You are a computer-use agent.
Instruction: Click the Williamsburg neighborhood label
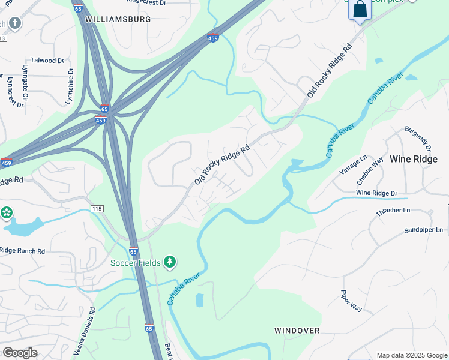(x=118, y=19)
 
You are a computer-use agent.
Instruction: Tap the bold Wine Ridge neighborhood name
(x=414, y=159)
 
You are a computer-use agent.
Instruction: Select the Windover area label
(x=297, y=331)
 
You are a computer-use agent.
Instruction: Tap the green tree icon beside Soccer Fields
(x=170, y=262)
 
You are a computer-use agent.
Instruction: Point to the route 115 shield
(x=97, y=208)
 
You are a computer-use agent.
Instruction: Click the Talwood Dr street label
(x=47, y=61)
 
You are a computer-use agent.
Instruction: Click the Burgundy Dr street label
(x=418, y=138)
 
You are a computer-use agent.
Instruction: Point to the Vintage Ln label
(x=353, y=165)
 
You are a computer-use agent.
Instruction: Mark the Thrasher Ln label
(x=393, y=211)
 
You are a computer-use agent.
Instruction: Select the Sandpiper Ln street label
(x=423, y=230)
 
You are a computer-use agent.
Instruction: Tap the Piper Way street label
(x=351, y=301)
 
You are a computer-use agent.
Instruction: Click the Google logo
(x=19, y=353)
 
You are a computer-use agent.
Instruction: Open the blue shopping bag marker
(x=360, y=10)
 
